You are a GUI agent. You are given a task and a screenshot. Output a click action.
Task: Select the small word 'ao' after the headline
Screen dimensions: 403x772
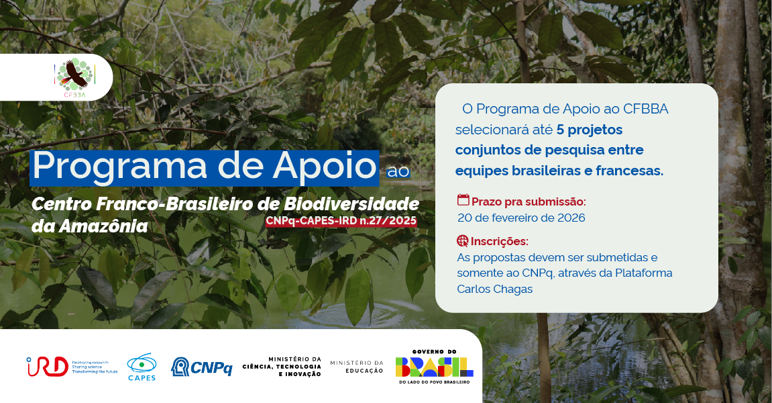(398, 171)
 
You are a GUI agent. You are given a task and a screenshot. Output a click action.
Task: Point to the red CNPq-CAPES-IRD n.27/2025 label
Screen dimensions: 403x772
(341, 221)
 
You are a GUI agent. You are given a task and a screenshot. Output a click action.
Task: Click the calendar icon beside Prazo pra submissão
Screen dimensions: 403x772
(463, 200)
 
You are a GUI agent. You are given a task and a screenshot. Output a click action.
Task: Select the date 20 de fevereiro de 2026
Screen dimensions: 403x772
(521, 218)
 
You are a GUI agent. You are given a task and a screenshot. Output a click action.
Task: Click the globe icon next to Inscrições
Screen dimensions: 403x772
(463, 240)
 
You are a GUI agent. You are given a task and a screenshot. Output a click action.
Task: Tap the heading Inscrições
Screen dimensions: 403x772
(499, 241)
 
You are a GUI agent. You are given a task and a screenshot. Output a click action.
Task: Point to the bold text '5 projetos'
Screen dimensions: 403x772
(590, 129)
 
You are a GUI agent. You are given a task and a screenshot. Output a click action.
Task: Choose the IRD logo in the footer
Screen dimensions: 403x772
(47, 366)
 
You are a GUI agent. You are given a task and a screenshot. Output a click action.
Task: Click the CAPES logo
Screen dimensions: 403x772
(142, 367)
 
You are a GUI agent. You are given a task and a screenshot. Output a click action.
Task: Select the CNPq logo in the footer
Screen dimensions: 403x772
(202, 367)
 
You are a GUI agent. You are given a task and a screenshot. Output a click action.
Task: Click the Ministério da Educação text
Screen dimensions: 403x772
(357, 367)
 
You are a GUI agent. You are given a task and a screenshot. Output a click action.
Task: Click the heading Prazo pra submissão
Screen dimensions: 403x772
(529, 201)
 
